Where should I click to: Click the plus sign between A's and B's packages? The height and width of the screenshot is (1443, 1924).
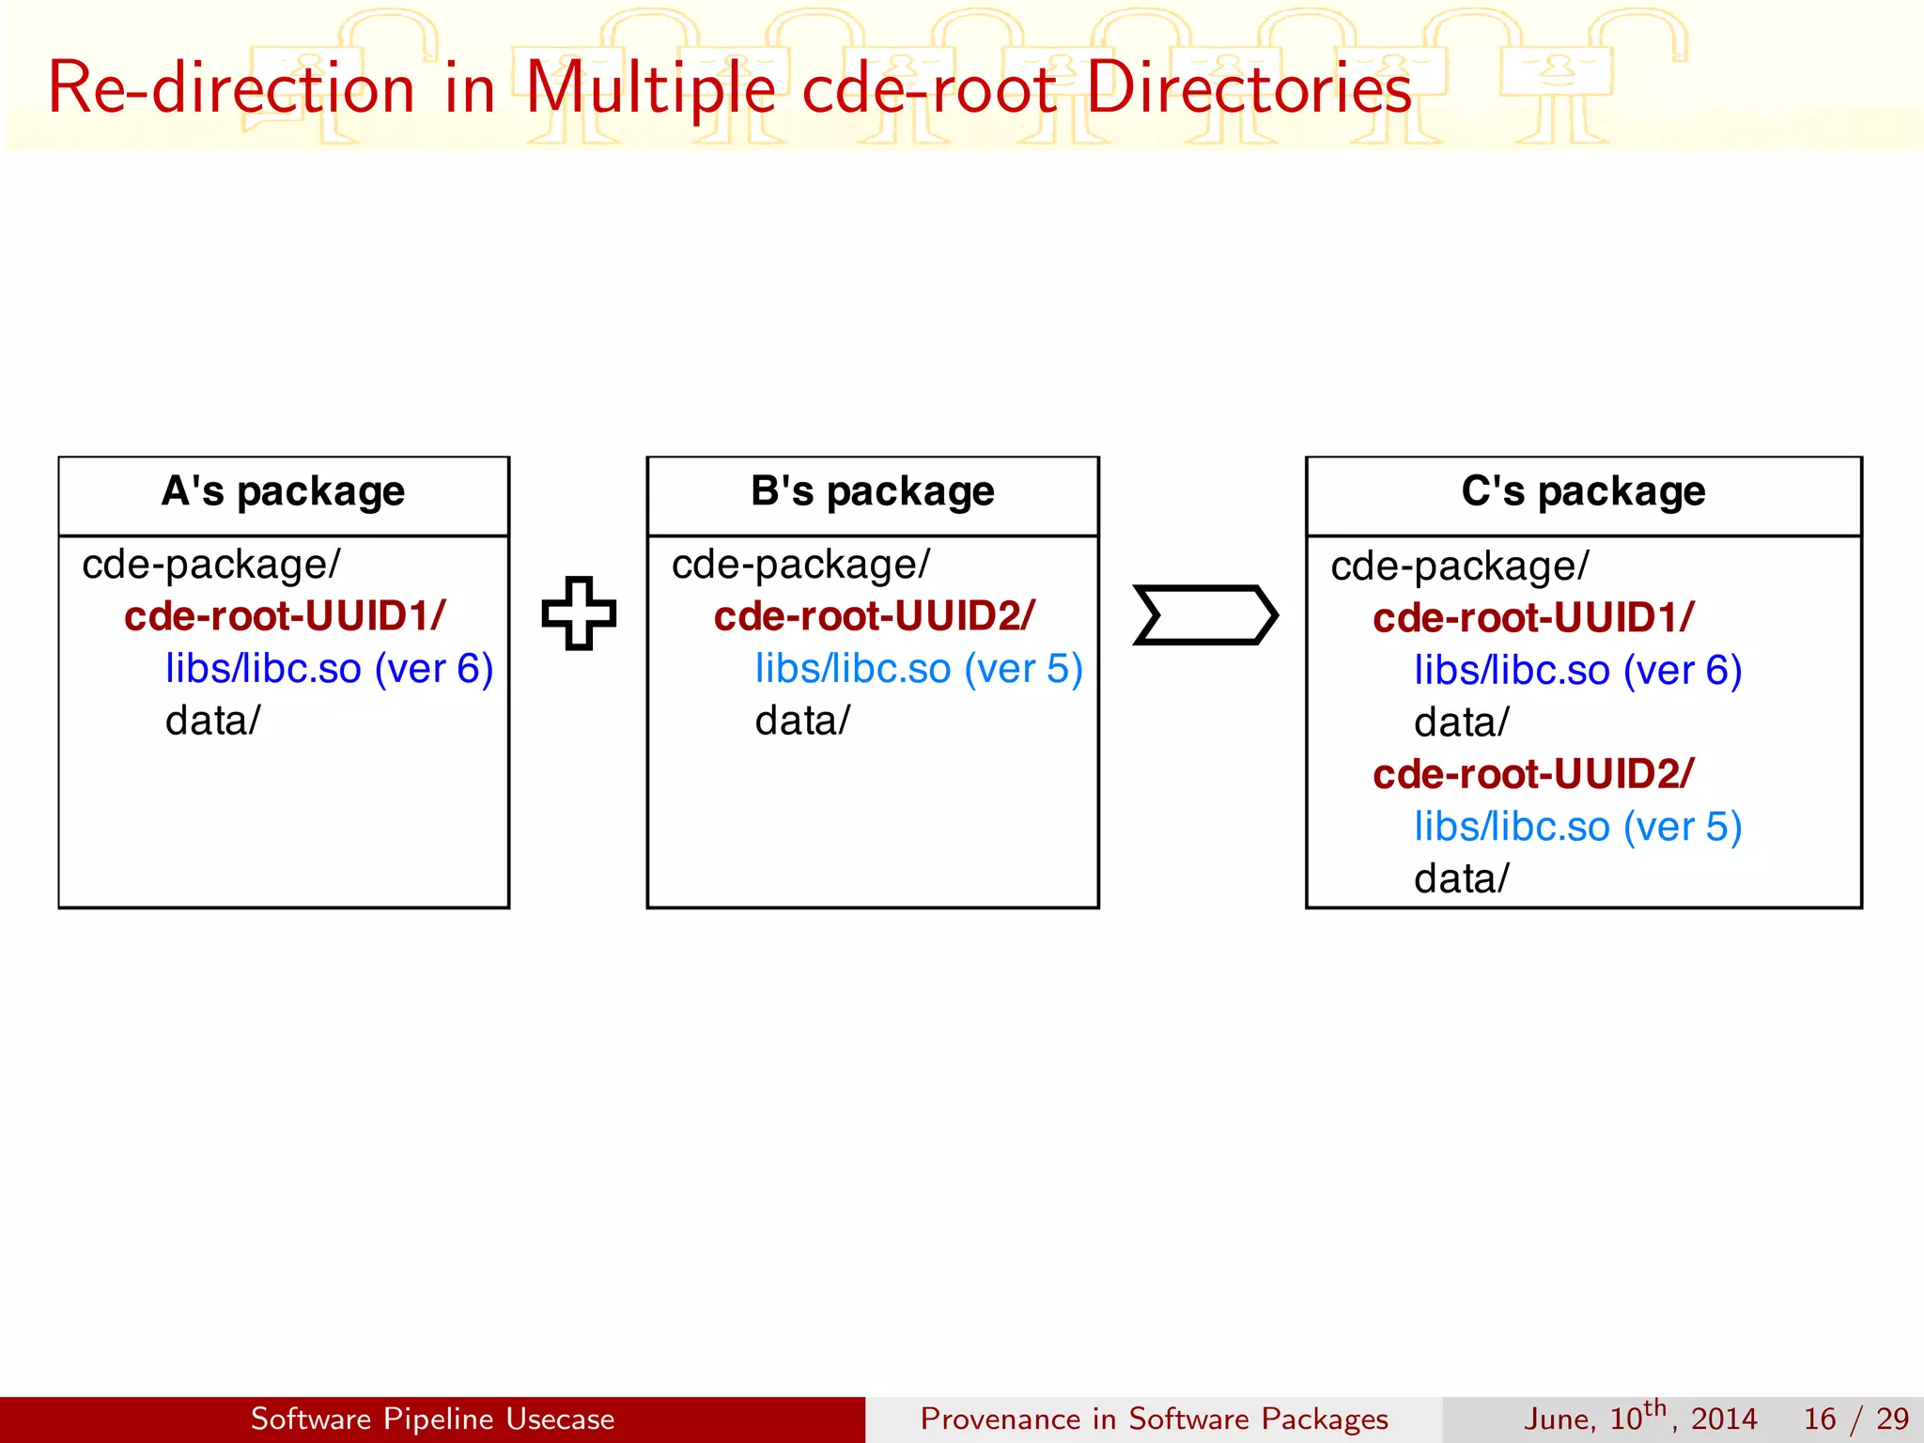[x=579, y=613]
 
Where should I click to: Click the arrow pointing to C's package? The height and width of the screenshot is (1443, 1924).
[x=1205, y=615]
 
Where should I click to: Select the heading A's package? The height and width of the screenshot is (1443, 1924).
[x=283, y=491]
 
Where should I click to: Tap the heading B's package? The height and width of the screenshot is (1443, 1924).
[x=872, y=491]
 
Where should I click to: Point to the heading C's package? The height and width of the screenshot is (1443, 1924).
[x=1583, y=491]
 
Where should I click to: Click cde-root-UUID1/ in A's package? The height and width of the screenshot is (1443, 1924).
[x=285, y=616]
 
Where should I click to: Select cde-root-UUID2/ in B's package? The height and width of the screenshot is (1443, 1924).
[x=874, y=616]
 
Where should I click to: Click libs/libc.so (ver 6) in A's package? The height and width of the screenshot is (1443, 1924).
[x=329, y=669]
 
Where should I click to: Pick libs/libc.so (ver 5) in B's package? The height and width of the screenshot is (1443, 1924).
[x=919, y=669]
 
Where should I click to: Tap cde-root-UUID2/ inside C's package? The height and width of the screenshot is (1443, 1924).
[x=1533, y=774]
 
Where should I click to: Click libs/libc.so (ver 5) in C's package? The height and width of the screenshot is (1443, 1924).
[x=1577, y=827]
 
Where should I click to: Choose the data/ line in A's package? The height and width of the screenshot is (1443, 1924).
[x=212, y=721]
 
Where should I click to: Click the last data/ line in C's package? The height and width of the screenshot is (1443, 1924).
[x=1461, y=879]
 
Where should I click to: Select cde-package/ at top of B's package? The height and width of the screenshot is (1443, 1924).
[x=800, y=565]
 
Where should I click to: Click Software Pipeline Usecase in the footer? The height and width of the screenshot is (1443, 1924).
[x=432, y=1419]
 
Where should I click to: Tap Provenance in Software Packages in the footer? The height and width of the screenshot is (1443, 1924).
[x=1154, y=1419]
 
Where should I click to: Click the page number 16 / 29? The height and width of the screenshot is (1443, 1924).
[x=1855, y=1419]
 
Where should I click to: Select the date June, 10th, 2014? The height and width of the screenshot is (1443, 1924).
[x=1639, y=1418]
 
